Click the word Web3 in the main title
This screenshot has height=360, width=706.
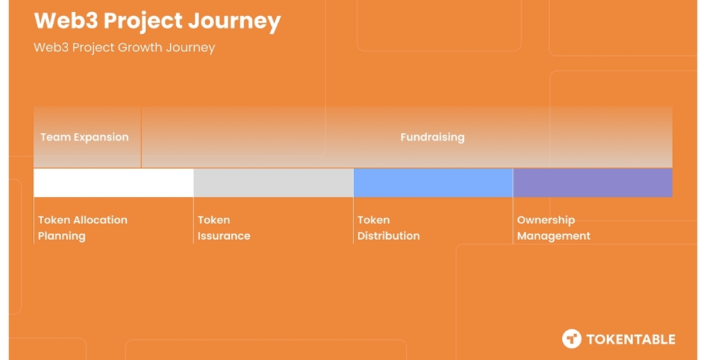coord(66,21)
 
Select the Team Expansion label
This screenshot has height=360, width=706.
coord(84,137)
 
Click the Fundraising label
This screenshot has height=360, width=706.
coord(432,137)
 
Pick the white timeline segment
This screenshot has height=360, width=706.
coord(114,183)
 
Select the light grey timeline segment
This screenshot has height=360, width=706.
coord(273,183)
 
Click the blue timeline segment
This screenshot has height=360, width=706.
coord(433,183)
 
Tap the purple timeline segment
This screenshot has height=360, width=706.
coord(592,183)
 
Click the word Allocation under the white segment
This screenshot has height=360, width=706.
coord(101,220)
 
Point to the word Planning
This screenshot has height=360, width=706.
coord(61,237)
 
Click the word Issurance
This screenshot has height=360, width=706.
coord(224,236)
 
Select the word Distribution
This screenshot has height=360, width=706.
coord(388,236)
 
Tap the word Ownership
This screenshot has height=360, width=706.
coord(546,220)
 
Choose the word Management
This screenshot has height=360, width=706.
coord(554,237)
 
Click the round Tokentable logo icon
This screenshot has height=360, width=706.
coord(571,339)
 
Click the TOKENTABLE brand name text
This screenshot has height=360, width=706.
coord(630,339)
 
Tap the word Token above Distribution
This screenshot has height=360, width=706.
coord(374,220)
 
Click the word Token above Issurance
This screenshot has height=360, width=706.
coord(214,220)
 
